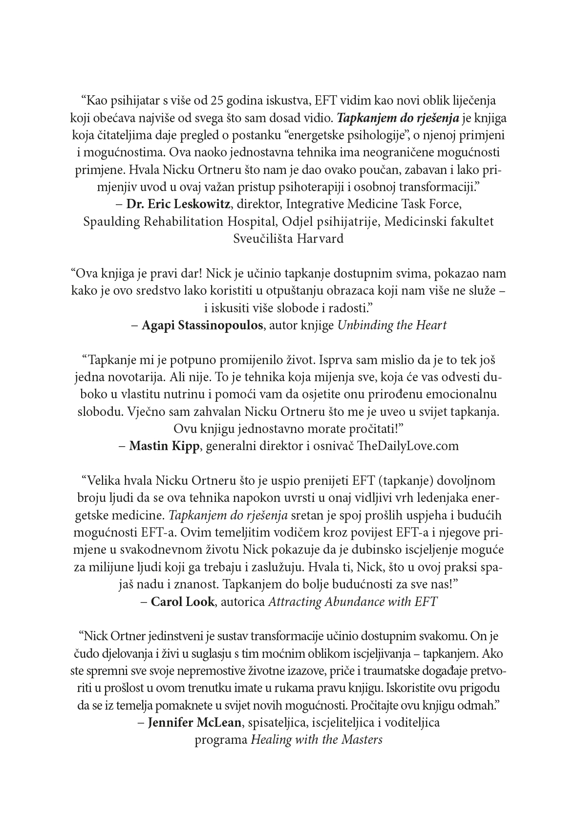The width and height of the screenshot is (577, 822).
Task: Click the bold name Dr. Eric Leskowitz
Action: tap(178, 203)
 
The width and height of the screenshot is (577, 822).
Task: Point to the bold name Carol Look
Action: tap(182, 602)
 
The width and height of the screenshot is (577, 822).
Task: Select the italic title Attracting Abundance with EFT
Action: tap(352, 602)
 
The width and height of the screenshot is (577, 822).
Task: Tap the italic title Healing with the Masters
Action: tap(317, 740)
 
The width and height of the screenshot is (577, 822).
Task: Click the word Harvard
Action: tap(320, 238)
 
